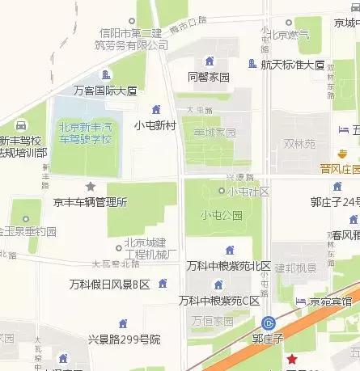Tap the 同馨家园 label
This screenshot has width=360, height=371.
(209, 78)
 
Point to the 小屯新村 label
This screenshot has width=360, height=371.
(155, 124)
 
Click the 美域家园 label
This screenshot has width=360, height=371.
(214, 133)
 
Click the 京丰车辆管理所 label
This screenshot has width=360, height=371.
(90, 202)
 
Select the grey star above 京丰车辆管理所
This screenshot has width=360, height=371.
(91, 187)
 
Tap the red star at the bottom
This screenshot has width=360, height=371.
(292, 359)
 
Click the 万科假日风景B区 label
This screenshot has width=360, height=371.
(110, 284)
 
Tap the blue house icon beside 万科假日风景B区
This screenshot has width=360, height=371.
(164, 283)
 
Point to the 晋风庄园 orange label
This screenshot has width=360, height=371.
(339, 169)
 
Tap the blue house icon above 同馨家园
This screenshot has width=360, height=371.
(210, 61)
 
